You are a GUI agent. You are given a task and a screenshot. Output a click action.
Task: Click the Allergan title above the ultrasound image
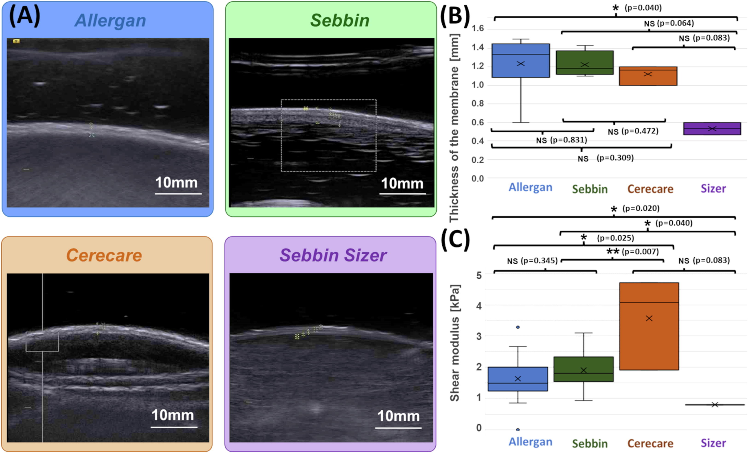[x=110, y=21]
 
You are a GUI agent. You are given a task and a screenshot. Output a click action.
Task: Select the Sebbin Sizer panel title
[x=333, y=255]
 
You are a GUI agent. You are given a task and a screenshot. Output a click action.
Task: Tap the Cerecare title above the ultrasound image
[x=104, y=255]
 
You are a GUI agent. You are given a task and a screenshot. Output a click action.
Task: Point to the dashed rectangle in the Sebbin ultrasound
[x=328, y=136]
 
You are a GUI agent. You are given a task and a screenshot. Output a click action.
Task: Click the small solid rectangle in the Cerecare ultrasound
[x=42, y=342]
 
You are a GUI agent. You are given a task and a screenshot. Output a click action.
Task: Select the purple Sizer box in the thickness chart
[x=712, y=129]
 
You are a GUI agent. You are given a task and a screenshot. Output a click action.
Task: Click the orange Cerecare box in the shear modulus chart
[x=649, y=326]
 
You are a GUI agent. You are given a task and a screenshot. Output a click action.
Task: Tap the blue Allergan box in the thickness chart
[x=521, y=61]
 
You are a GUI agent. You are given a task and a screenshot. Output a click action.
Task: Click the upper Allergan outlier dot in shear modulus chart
[x=518, y=327]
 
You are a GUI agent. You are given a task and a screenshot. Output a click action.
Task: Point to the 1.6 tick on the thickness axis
[x=478, y=29]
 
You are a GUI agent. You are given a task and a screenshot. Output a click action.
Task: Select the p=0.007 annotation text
[x=640, y=252]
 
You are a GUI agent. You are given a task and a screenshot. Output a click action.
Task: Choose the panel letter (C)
[x=455, y=239]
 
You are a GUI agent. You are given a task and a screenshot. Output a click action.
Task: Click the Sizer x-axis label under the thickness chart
[x=713, y=189]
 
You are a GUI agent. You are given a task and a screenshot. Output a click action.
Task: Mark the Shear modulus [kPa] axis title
[x=454, y=343]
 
